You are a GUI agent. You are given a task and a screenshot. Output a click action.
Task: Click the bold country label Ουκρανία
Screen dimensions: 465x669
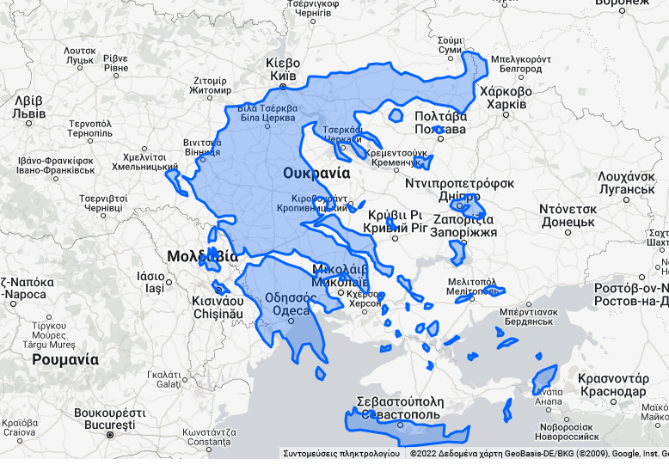click(317, 173)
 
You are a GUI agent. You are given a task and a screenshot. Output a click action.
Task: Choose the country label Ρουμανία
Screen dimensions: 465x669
click(64, 359)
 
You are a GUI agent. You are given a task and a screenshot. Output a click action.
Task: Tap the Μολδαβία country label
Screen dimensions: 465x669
click(202, 256)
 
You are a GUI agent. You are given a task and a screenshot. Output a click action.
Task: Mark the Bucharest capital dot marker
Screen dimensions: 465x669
click(109, 435)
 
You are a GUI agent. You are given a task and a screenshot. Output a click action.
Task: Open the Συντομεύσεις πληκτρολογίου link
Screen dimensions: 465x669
click(341, 453)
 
